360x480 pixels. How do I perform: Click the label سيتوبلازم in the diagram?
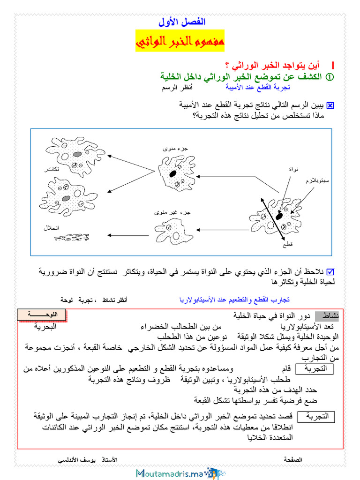[x=316, y=180]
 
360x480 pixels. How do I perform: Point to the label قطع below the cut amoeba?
[x=287, y=245]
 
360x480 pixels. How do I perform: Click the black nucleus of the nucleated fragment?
[x=173, y=173]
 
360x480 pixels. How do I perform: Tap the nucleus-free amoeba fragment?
[x=174, y=230]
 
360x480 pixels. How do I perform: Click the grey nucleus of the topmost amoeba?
[x=77, y=154]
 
